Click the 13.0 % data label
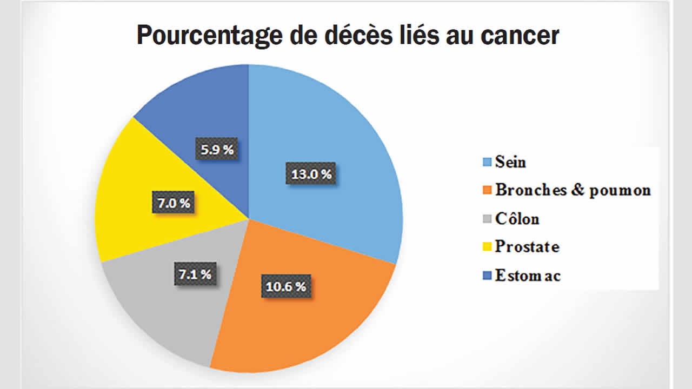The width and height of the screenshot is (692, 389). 311,175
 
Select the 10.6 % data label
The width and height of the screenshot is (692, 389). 287,286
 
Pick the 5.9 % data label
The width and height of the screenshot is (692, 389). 218,150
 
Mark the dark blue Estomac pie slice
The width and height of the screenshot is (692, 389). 200,108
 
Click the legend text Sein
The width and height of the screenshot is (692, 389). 510,162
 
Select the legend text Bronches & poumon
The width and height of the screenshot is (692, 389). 573,190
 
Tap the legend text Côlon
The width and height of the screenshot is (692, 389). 517,219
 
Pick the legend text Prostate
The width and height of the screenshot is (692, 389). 527,247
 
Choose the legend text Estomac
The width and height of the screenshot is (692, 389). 528,276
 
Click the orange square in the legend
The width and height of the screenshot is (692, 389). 486,191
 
